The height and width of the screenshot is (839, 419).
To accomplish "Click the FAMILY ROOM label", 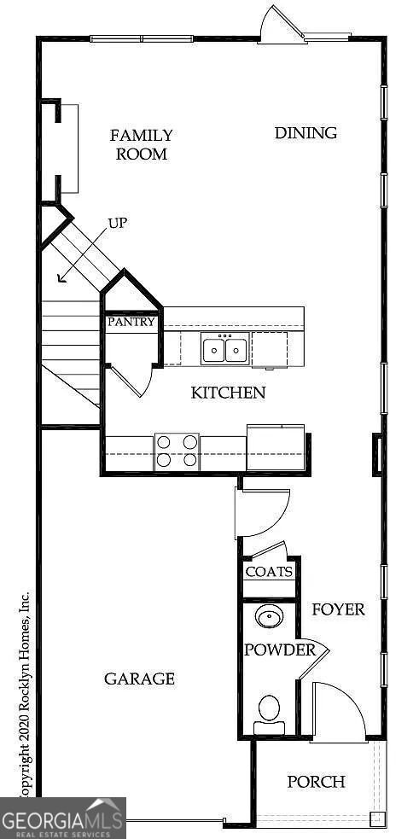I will click(142, 144).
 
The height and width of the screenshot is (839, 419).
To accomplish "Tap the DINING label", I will click(306, 133).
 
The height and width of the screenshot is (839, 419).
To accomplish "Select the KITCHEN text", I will click(228, 393).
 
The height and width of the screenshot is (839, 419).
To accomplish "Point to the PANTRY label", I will click(131, 323).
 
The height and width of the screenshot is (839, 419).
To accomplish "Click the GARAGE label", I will click(139, 679).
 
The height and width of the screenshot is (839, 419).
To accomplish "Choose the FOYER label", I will click(338, 609).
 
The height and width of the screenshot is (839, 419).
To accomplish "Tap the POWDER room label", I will click(280, 650).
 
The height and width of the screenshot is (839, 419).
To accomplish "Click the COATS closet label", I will click(269, 572).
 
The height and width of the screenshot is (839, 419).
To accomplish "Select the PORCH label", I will click(316, 782).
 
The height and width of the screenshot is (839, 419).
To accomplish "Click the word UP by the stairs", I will click(118, 224).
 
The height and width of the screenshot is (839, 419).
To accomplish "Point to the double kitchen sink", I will click(225, 349).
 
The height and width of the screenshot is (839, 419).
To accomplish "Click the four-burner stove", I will click(177, 451).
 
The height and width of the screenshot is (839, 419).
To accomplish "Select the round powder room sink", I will click(271, 615).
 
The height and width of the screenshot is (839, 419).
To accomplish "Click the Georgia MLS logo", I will click(63, 818).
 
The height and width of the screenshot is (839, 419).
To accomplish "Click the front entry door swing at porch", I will click(337, 710).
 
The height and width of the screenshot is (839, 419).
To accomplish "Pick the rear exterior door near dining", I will click(282, 26).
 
